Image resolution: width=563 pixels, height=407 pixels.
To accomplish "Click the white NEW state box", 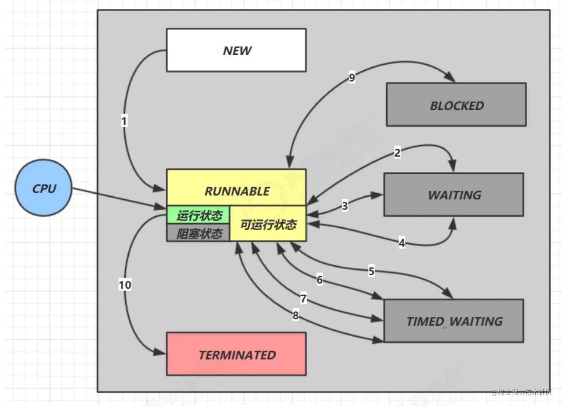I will pos(236,50).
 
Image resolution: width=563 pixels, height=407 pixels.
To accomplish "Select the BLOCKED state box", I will pos(456,105).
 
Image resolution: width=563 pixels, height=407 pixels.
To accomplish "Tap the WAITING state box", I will pos(454,195).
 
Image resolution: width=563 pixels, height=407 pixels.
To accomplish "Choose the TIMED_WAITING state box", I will pos(454,321).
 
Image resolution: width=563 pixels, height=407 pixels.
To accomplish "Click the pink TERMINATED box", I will pos(236,354).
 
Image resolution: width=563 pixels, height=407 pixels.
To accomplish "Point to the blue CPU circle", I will pos(44,188).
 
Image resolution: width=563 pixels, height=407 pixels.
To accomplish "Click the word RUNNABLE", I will pos(237,191).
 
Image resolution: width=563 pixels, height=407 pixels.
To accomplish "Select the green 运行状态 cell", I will pos(198,215).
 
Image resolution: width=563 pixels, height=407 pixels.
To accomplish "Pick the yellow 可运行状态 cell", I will pos(268,224).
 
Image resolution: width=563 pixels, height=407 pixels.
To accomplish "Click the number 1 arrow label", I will pos(124,121).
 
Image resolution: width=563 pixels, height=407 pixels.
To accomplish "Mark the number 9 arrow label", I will pos(352,78).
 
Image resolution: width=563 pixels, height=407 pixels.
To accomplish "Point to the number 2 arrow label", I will pos(397,152).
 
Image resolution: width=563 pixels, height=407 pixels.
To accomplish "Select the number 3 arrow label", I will pos(345,206).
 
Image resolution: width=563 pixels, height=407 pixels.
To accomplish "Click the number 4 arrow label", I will pos(402,242).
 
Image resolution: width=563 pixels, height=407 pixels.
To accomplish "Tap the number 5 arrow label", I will pos(371,271).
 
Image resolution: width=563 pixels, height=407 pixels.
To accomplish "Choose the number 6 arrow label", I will pos(320,280).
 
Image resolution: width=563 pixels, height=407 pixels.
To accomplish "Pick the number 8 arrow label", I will pos(295,315).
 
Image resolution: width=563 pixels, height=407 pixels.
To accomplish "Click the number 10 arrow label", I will pos(125,284).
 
